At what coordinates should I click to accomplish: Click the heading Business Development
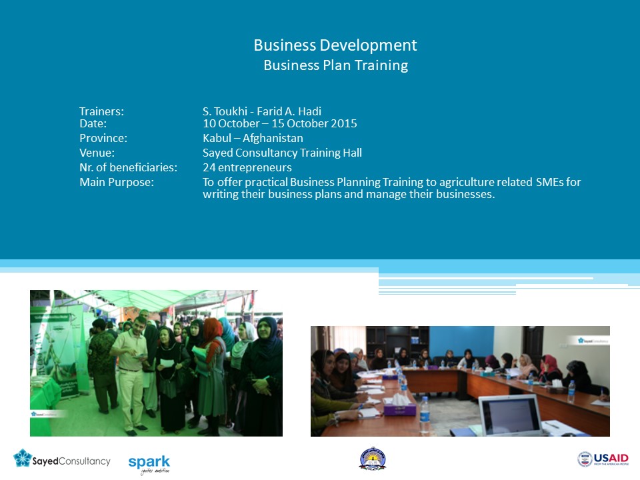coord(335,45)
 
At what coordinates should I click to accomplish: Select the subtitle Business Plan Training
coord(335,65)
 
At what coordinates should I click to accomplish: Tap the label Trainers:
coord(101,111)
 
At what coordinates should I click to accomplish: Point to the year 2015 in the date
coord(344,123)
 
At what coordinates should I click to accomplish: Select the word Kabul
coord(217,138)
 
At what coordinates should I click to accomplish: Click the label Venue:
coord(97,153)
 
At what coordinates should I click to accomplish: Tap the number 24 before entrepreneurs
coord(209,167)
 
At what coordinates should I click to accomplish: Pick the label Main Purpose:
coord(117,182)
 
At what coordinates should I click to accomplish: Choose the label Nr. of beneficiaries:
coord(128,167)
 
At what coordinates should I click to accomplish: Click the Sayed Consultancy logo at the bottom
coord(61,459)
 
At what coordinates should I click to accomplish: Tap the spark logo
coord(149,464)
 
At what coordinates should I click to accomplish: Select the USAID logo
coord(603,459)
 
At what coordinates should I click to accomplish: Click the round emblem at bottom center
coord(372,459)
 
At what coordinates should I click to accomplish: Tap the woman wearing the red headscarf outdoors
coord(212,375)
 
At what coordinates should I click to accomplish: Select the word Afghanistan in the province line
coord(273,138)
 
